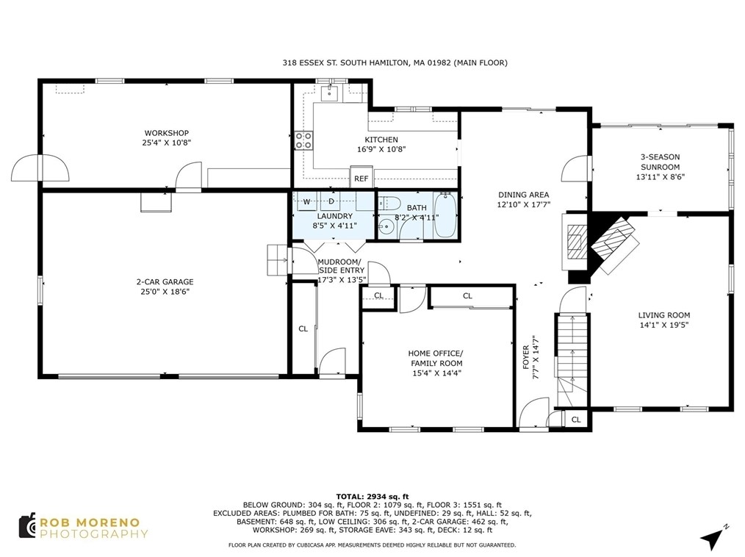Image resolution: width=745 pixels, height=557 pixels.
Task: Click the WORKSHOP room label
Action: click(166, 133)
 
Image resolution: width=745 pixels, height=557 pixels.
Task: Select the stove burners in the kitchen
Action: click(303, 140)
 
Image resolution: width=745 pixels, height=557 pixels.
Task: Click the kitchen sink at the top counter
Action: click(329, 93)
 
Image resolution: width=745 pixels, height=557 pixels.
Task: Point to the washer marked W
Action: click(307, 201)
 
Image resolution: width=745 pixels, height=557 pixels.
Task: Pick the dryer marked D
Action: click(331, 201)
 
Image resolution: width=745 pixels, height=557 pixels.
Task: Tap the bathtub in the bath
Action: click(445, 215)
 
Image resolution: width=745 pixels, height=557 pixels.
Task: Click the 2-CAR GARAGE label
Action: click(165, 281)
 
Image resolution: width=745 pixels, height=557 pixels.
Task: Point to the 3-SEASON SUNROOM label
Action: click(660, 162)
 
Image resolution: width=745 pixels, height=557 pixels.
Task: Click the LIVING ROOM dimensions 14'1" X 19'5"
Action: click(663, 325)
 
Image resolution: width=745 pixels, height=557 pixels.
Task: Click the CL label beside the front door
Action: click(576, 420)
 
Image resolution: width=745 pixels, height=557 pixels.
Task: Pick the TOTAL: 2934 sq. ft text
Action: click(372, 497)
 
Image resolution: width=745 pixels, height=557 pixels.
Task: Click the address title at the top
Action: click(395, 62)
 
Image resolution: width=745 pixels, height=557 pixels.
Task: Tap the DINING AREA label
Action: click(524, 195)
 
